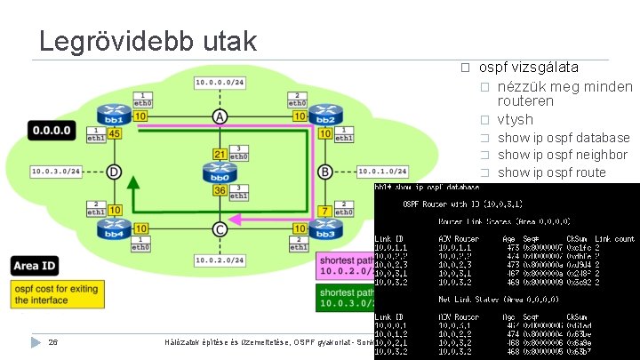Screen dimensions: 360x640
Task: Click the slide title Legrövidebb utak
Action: [148, 40]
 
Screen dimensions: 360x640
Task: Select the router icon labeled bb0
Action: [219, 172]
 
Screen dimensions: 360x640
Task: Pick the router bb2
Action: [324, 116]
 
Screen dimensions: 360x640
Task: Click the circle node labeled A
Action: [219, 116]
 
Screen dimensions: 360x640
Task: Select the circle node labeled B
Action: [324, 172]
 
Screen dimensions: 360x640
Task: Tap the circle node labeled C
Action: [219, 230]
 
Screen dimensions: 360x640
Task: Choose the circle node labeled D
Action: [115, 172]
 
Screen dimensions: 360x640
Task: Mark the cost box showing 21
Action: [219, 155]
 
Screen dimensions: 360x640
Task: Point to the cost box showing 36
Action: [219, 190]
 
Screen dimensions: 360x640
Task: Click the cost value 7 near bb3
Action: [324, 212]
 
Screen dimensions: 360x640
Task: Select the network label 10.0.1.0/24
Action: [382, 171]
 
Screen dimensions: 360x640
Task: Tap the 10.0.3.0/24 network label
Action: [57, 171]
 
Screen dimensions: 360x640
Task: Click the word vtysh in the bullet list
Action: [516, 119]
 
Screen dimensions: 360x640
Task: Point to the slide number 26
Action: [53, 342]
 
